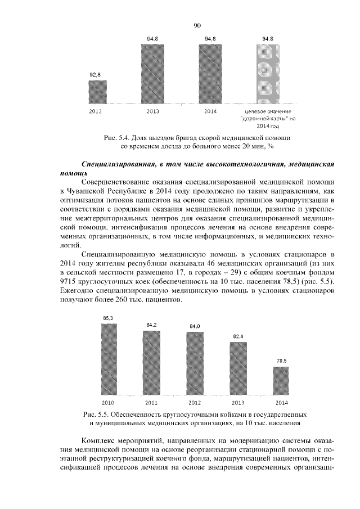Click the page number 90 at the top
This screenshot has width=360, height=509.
pos(197,25)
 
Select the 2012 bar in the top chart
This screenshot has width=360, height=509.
pos(97,91)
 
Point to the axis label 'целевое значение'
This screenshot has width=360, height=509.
pos(267,112)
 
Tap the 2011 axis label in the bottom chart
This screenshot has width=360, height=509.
pos(151,403)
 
